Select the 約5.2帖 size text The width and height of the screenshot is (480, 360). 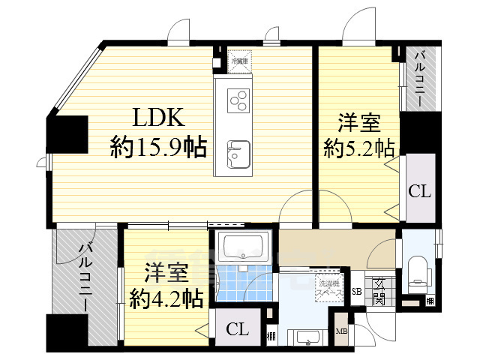pos(359,146)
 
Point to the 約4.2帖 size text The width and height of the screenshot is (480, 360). pos(166,300)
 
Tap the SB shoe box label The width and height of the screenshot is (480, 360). pos(356,291)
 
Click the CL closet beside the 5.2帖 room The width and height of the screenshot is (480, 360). pos(419,190)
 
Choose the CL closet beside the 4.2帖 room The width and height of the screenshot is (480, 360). pos(236,328)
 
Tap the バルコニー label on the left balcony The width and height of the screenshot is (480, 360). pos(85,278)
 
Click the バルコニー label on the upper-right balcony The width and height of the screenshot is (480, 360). pos(421,78)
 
